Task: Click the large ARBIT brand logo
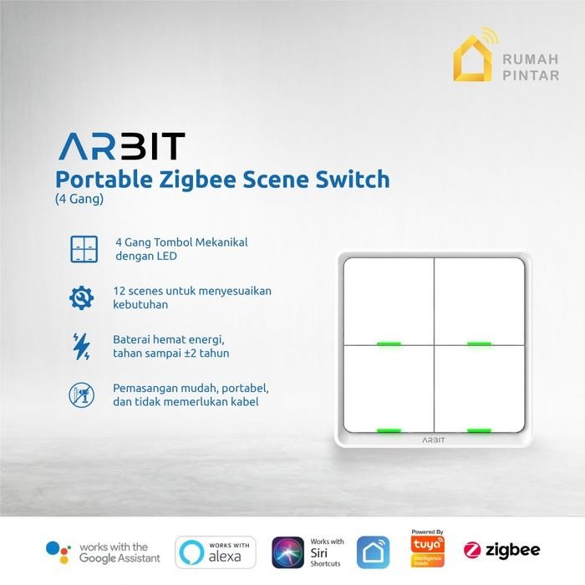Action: tap(121, 146)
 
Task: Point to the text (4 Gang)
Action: tap(79, 199)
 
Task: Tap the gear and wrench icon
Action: tap(82, 297)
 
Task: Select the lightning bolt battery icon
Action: tap(82, 346)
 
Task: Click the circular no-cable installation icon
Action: tap(82, 394)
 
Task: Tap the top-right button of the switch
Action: tap(479, 300)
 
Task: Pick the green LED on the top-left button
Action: tap(389, 343)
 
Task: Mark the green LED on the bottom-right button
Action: tap(479, 431)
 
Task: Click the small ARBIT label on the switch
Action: tap(434, 439)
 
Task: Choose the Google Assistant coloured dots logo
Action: tap(58, 552)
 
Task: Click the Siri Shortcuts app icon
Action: tap(288, 552)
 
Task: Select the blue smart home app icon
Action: tap(374, 552)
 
